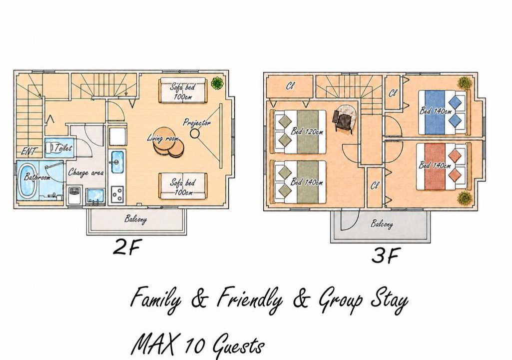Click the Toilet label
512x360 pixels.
coord(63,148)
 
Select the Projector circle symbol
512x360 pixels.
coord(195,133)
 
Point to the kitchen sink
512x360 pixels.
coord(117,162)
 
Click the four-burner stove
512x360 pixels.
coord(117,194)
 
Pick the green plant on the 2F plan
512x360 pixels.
coord(217,83)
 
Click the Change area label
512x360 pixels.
coord(86,172)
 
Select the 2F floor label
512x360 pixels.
coord(126,247)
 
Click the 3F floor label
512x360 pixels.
coord(385,255)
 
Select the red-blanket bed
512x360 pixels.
coord(442,167)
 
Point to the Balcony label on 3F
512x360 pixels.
coord(382,224)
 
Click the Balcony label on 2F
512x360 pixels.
coord(135,219)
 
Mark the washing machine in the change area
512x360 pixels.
coord(75,195)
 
